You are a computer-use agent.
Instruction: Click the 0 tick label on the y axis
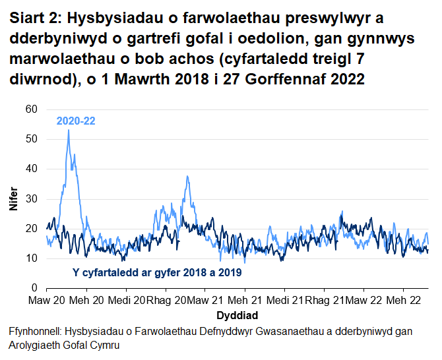(34, 288)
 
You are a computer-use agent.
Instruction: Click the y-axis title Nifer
(13, 198)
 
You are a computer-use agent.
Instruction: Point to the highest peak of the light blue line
(69, 130)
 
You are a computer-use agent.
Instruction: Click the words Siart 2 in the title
(34, 20)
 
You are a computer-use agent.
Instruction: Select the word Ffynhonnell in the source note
(38, 332)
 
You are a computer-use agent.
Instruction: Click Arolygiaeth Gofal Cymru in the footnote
(65, 345)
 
